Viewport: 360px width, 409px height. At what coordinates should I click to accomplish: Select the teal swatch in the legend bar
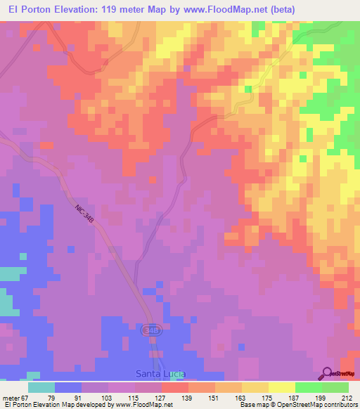click(41, 388)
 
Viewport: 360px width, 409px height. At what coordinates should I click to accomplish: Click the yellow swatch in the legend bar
click(282, 388)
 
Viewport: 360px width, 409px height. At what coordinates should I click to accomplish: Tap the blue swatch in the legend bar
click(68, 388)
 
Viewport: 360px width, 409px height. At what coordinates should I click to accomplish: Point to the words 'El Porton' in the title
click(25, 9)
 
